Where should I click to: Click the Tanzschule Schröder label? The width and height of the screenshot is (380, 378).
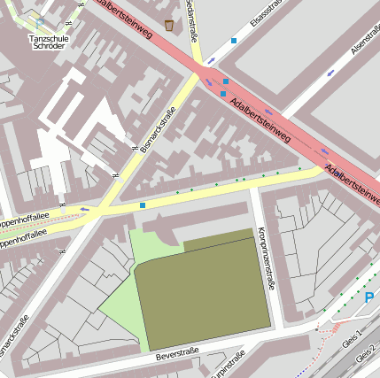(x=46, y=42)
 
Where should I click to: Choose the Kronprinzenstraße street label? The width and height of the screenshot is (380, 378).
(x=265, y=257)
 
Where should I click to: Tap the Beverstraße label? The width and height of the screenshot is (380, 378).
(x=177, y=354)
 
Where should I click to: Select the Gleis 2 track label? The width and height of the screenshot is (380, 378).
(x=366, y=353)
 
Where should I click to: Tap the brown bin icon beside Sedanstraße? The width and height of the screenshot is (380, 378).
(x=169, y=23)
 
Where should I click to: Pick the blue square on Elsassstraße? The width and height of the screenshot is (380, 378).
(x=234, y=41)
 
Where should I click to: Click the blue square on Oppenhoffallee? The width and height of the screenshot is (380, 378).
(x=143, y=205)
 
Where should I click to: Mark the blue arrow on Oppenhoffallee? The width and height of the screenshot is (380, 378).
(x=85, y=210)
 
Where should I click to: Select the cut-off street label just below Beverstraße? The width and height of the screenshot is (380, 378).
(x=229, y=366)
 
